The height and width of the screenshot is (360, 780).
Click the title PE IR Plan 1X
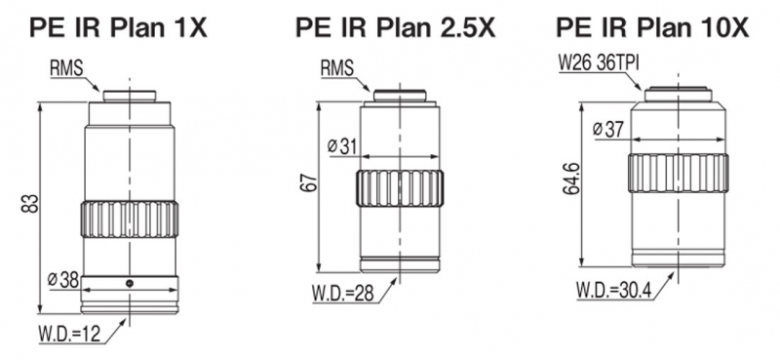[x=118, y=27]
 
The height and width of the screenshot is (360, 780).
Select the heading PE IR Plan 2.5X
[x=396, y=27]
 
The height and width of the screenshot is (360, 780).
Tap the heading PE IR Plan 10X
[x=652, y=27]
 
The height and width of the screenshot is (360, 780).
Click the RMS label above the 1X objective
[x=66, y=68]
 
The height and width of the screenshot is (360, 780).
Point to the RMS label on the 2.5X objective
[x=336, y=67]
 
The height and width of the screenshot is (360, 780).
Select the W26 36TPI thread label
[x=600, y=63]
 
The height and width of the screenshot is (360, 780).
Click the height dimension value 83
[x=30, y=203]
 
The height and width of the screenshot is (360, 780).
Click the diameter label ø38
[x=63, y=280]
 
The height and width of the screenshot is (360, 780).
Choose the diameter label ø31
[x=342, y=146]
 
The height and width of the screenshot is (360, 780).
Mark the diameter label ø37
[x=607, y=130]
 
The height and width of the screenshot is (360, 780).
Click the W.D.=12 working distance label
[x=69, y=334]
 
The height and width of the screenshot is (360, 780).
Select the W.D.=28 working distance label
[x=344, y=293]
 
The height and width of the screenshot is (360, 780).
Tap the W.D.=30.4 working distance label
[x=614, y=290]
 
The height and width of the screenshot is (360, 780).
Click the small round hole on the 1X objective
[x=130, y=283]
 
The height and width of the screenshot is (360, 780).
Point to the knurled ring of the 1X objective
[x=130, y=220]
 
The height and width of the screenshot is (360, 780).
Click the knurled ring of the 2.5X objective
[x=400, y=188]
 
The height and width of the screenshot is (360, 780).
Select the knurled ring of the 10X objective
[x=678, y=174]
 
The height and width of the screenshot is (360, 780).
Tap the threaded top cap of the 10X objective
[x=677, y=95]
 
